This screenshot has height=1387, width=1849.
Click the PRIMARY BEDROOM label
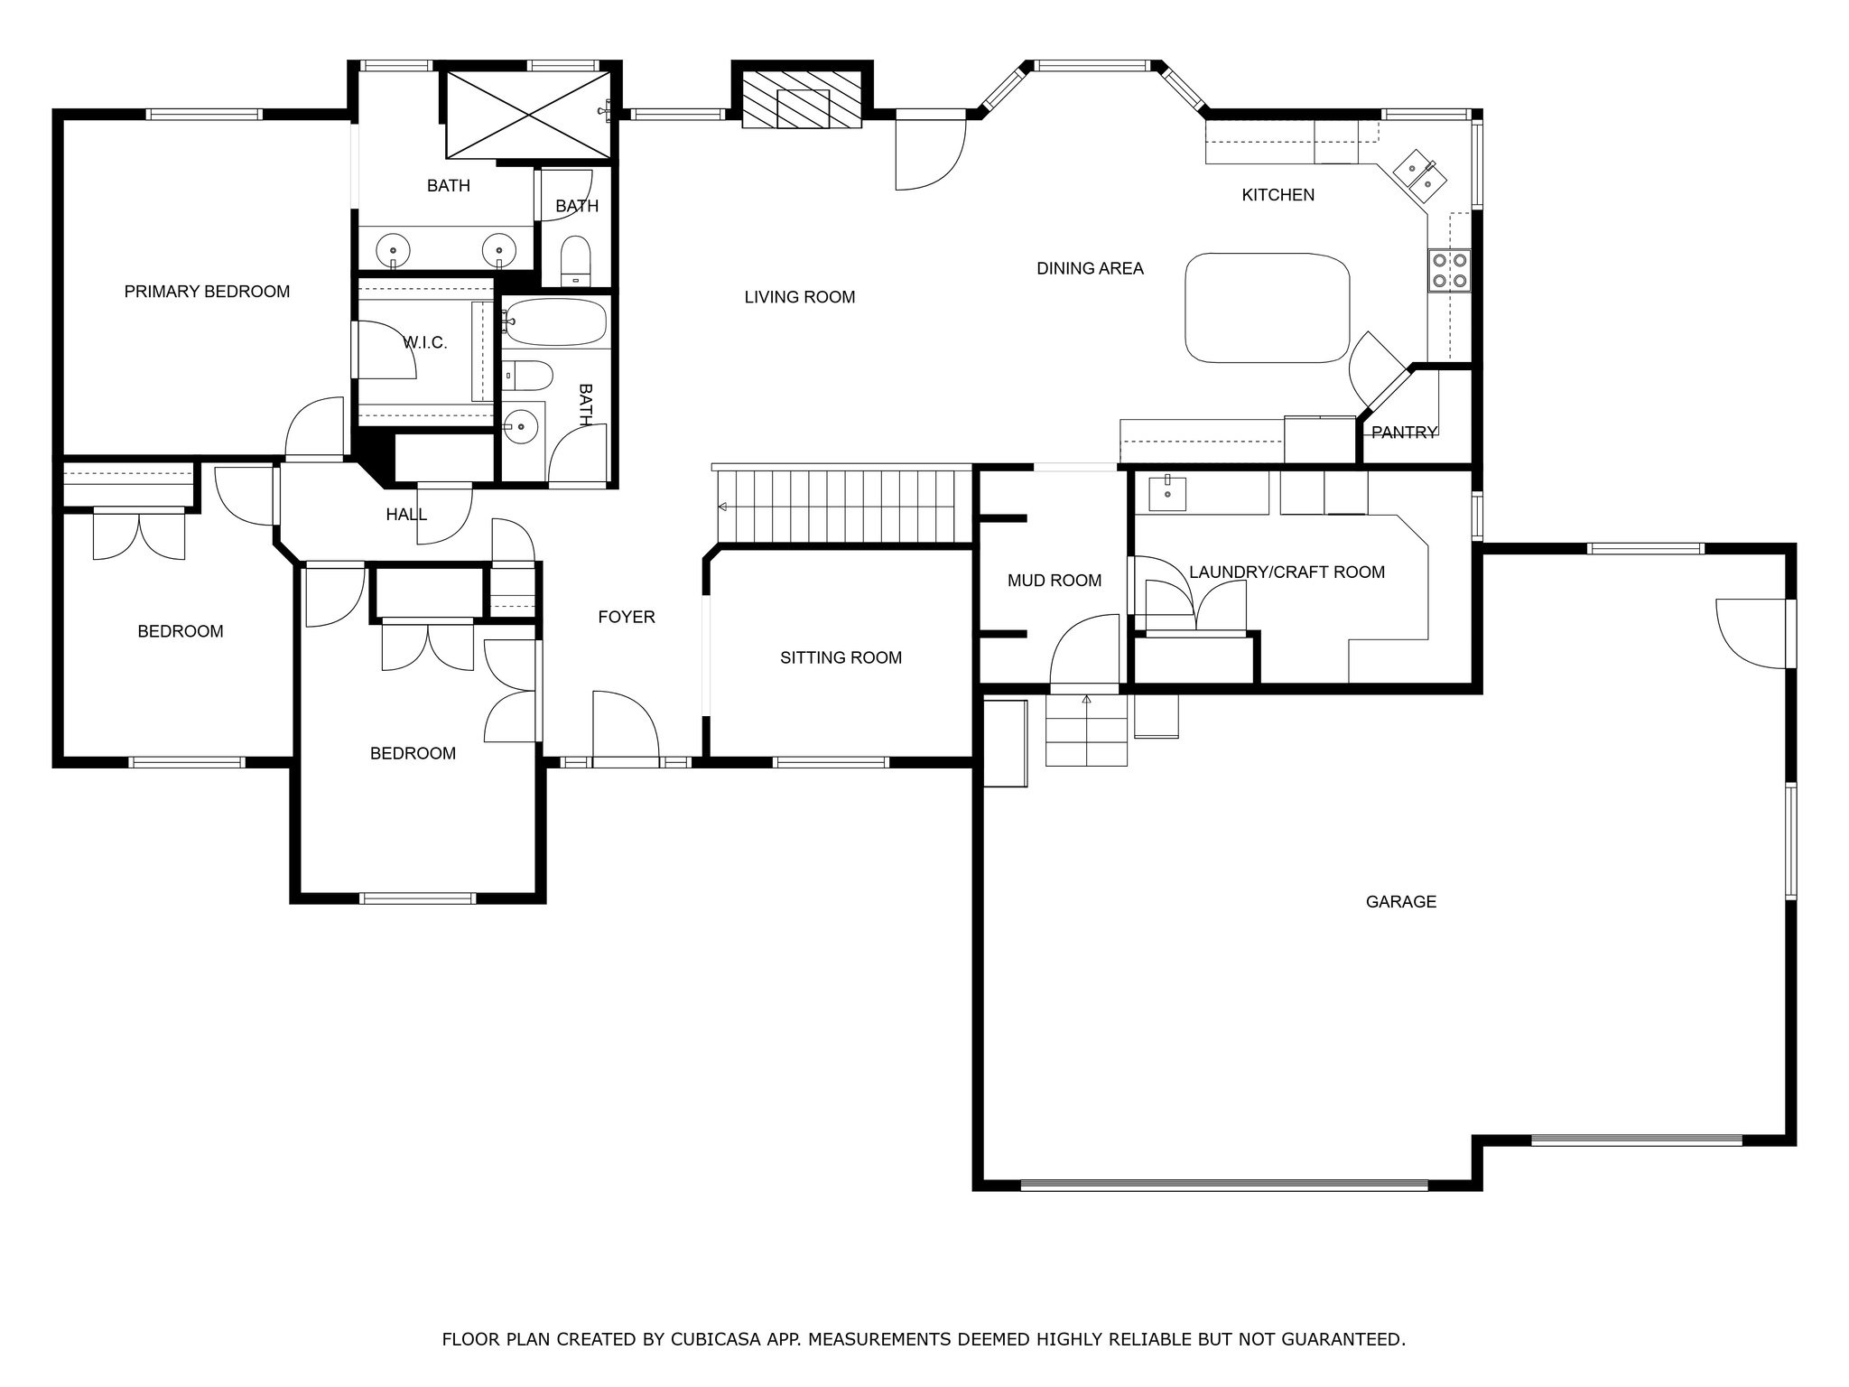click(x=207, y=292)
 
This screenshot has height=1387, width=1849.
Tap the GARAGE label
click(x=1400, y=901)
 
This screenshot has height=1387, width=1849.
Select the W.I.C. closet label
click(x=425, y=343)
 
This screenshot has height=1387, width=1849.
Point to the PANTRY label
click(x=1404, y=433)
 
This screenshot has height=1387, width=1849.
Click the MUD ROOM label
click(x=1055, y=581)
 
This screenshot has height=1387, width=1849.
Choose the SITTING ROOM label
click(x=841, y=657)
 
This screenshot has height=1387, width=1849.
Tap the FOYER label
click(x=627, y=617)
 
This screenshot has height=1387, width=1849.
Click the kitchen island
click(x=1268, y=308)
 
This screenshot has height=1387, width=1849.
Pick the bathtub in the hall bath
click(x=554, y=321)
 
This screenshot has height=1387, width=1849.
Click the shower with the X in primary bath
click(x=528, y=115)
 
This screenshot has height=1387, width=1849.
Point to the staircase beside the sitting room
click(x=836, y=506)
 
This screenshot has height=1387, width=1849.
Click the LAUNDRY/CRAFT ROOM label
click(x=1287, y=572)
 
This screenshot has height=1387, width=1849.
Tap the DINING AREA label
click(x=1090, y=268)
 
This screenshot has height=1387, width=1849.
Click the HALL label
click(x=406, y=515)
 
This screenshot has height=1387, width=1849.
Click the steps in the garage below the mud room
click(x=1086, y=730)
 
